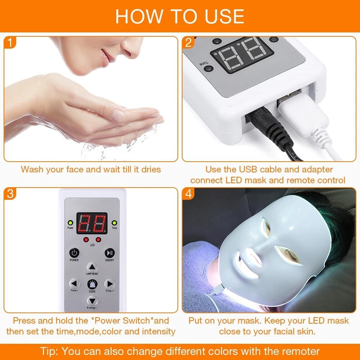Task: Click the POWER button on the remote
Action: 74,253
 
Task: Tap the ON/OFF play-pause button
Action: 109,253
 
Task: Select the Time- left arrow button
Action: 74,283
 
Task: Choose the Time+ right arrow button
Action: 109,283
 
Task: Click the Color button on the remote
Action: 92,284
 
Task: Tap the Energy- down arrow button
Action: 92,300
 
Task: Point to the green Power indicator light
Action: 70,223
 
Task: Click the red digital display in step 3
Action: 92,224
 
